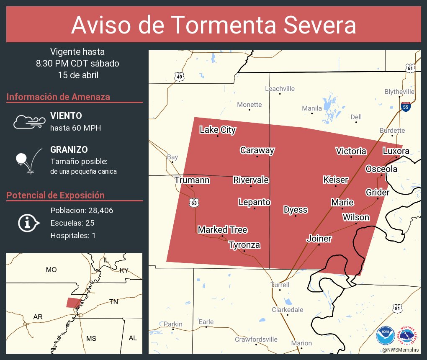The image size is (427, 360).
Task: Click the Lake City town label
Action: (x=217, y=130)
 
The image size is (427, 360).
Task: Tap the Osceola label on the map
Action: (x=381, y=169)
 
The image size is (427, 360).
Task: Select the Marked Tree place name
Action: (x=222, y=230)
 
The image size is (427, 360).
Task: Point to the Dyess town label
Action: (x=296, y=210)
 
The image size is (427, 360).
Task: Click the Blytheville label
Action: (x=399, y=92)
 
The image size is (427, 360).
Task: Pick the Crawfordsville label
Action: (x=256, y=339)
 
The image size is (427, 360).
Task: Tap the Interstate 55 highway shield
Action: (x=405, y=106)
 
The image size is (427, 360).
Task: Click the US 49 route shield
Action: (x=179, y=76)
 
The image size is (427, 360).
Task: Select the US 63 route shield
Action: (x=194, y=203)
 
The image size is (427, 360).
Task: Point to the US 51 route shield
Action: (x=397, y=309)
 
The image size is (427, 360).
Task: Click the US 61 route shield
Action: (x=410, y=68)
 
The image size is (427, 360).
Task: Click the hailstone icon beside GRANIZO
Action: (x=21, y=159)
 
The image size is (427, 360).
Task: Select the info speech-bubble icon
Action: (x=28, y=223)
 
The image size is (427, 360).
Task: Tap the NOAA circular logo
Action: (x=385, y=335)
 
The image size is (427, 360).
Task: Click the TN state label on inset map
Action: (x=114, y=301)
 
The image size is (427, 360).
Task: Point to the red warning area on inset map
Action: (x=73, y=303)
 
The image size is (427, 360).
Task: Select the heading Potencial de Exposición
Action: (x=55, y=195)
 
